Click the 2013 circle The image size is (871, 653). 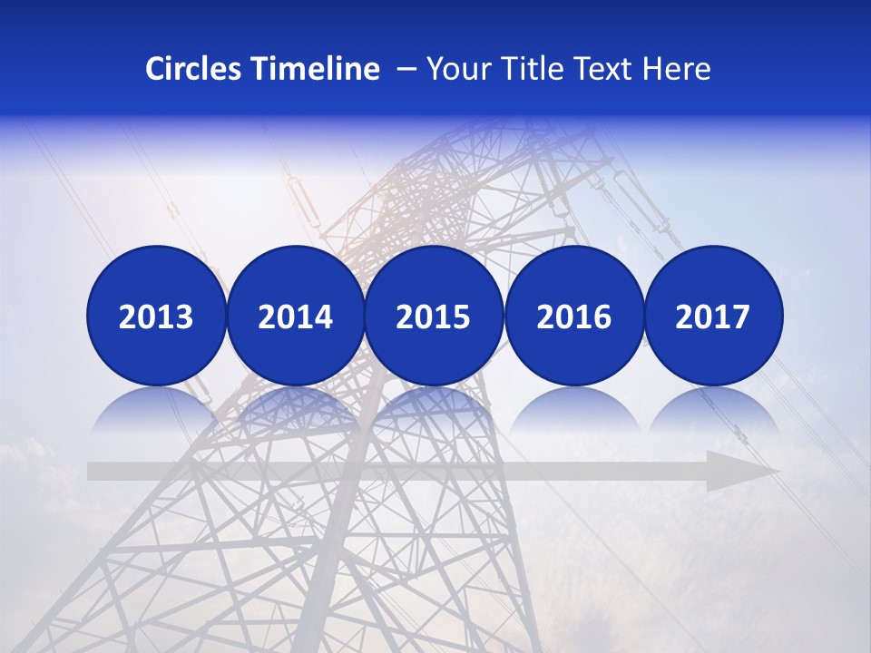156,316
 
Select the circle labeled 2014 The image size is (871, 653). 295,316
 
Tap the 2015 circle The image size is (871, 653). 434,316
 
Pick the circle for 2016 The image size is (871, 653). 573,316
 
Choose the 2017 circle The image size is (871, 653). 713,316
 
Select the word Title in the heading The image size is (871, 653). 525,69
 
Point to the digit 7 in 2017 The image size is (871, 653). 741,317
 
